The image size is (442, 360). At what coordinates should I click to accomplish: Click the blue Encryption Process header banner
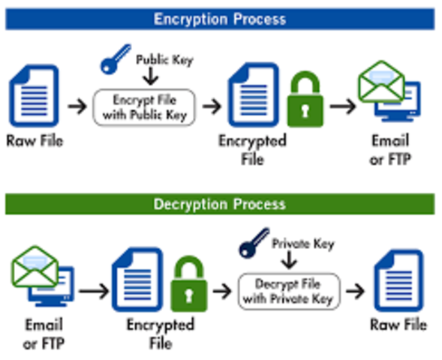click(x=220, y=19)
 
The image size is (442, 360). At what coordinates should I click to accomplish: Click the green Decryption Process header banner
click(x=220, y=204)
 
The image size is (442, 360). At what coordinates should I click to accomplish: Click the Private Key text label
click(x=302, y=244)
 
